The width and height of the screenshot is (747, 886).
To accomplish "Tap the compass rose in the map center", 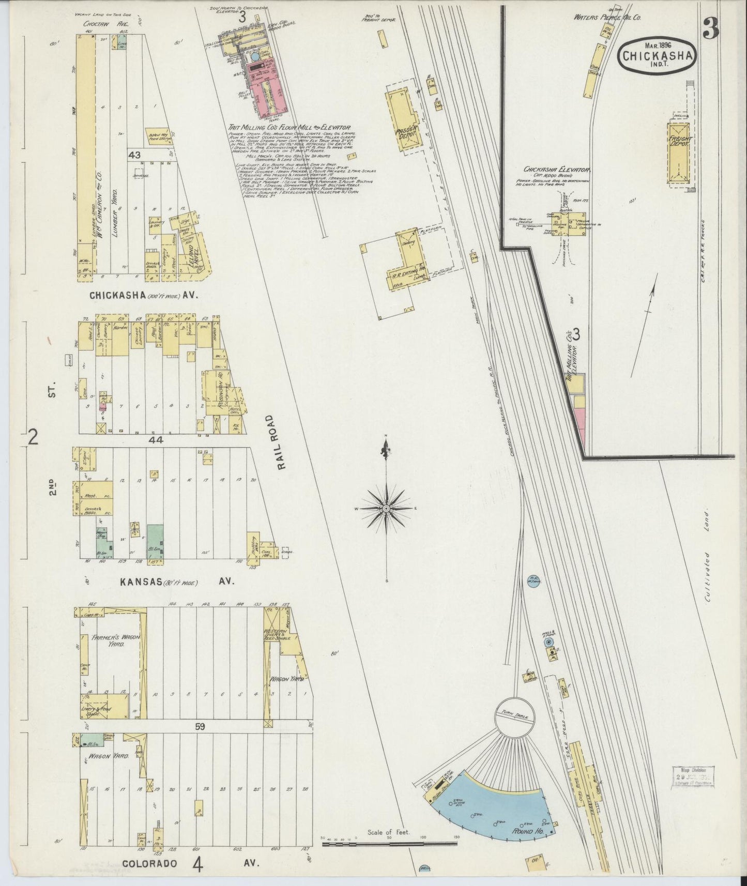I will pos(386,509).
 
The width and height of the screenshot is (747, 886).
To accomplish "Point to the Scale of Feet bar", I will pos(389,844).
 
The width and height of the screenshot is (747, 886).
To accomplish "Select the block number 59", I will pos(200,727).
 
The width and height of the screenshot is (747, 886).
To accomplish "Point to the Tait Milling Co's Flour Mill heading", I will pos(290,127).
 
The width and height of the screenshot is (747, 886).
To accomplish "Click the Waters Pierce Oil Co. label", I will pos(607,17).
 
